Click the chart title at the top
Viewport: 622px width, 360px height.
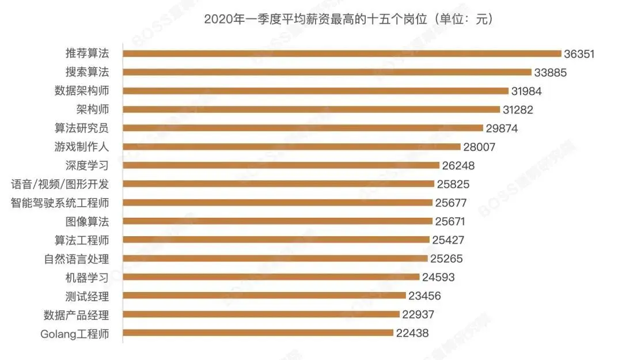[x=348, y=20]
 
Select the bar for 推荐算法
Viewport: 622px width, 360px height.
[x=342, y=54]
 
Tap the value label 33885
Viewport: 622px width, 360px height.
[x=551, y=73]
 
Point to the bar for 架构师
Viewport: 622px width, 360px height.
[x=312, y=109]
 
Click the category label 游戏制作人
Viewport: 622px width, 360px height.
[x=82, y=147]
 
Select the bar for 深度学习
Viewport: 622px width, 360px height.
[x=281, y=165]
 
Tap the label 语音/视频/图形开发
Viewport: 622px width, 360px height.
[x=60, y=184]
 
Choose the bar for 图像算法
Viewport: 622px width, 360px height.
[x=278, y=221]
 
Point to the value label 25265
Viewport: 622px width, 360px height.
[x=446, y=259]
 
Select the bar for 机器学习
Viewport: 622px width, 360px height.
[x=271, y=277]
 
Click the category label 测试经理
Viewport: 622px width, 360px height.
[x=87, y=296]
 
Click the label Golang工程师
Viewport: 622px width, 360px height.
[x=74, y=334]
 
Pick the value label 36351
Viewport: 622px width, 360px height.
[x=581, y=54]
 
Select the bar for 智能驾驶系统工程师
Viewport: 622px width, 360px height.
[x=278, y=203]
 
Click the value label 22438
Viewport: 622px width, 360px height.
[x=412, y=333]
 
